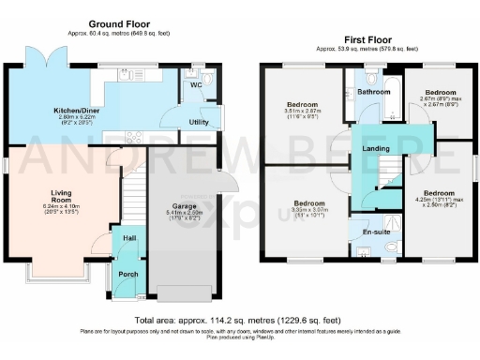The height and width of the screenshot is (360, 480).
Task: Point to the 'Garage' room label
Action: click(x=183, y=205)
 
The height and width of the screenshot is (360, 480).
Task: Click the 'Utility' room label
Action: click(x=198, y=122)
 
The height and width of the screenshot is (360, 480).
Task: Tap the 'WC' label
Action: click(x=195, y=85)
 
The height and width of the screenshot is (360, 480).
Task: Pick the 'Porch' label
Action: click(x=127, y=275)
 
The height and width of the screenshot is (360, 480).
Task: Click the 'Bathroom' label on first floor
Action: click(x=373, y=92)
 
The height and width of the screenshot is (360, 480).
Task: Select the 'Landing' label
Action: click(x=377, y=149)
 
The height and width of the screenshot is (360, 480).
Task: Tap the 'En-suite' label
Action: click(x=375, y=227)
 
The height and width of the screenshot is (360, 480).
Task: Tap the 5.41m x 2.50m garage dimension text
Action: click(x=183, y=214)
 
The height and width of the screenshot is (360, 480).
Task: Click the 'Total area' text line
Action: click(x=239, y=321)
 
